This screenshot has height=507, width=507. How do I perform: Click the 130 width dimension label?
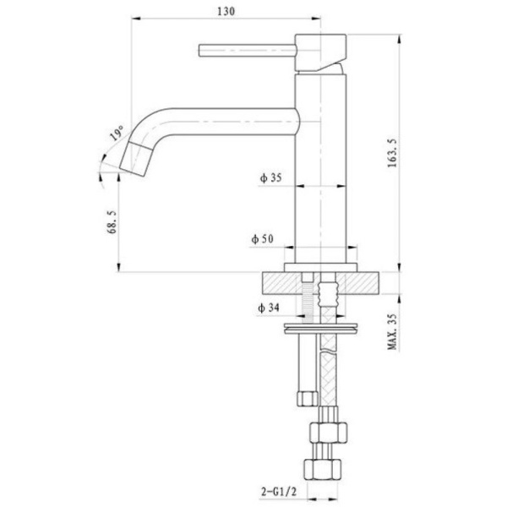pyautogui.click(x=225, y=11)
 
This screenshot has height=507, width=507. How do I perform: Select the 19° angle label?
pyautogui.click(x=116, y=135)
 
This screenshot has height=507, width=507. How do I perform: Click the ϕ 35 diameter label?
pyautogui.click(x=270, y=178)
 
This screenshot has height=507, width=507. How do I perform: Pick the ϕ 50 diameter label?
pyautogui.click(x=262, y=240)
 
